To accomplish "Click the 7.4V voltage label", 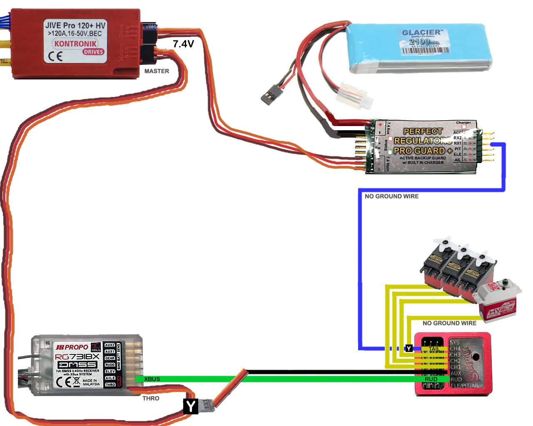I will [183, 44].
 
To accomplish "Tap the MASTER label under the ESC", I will [157, 71].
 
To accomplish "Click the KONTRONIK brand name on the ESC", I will [75, 44].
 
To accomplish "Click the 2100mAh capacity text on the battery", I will [424, 42].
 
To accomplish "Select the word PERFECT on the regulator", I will [423, 131].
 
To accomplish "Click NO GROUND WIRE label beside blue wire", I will [391, 196].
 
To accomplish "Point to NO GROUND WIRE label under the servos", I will [449, 323].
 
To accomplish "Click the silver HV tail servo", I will [499, 300].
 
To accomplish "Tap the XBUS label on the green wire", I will [152, 379].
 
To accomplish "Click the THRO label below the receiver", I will [151, 399].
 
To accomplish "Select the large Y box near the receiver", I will [190, 406].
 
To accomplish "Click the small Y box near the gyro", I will [409, 348].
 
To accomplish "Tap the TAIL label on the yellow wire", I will [434, 349].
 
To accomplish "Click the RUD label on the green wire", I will [431, 379].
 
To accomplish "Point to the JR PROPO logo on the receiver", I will [72, 347].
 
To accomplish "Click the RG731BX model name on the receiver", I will [77, 357].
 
